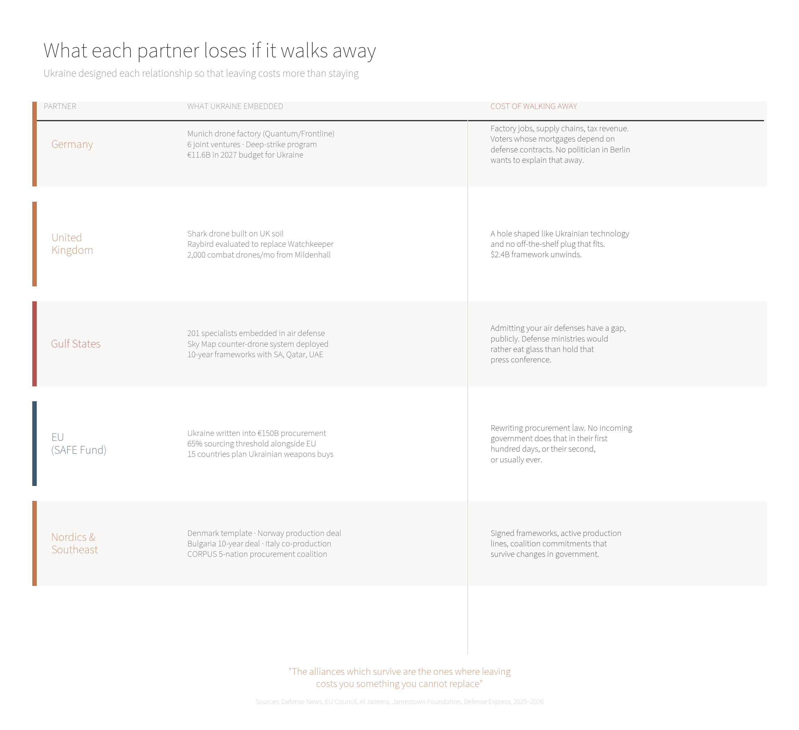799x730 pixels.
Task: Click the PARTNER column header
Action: coord(60,106)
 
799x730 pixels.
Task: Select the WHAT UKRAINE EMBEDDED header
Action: coord(235,106)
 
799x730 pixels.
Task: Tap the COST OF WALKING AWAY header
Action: coord(534,106)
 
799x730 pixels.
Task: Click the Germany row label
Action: coord(72,144)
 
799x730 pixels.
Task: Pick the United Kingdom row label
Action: coord(72,243)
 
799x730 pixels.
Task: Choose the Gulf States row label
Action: coord(76,344)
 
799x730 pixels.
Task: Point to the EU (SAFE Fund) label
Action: coord(79,443)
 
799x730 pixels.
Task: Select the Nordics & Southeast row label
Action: coord(75,543)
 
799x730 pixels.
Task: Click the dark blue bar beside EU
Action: coord(34,443)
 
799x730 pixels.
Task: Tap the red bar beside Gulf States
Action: coord(34,344)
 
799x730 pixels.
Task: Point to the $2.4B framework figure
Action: coord(500,254)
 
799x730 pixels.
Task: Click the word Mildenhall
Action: coord(313,255)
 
